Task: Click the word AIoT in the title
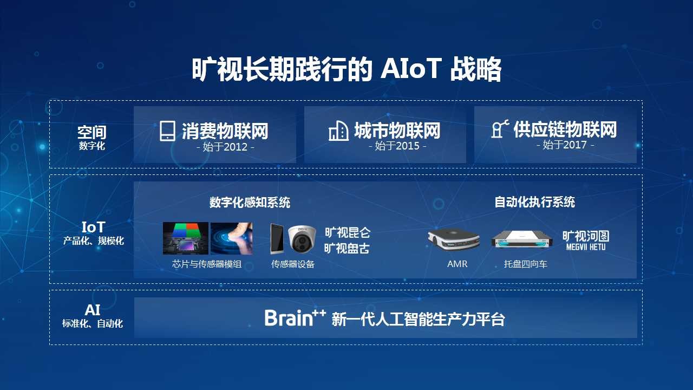pos(410,69)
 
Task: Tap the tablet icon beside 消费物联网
pos(167,131)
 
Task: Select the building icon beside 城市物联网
pos(338,131)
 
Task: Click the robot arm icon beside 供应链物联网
pos(500,129)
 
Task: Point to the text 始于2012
pos(225,147)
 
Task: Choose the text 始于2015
pos(397,146)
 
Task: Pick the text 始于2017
pos(565,145)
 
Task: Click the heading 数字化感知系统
pos(250,203)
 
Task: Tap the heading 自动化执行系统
pos(534,202)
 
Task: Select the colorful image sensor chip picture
pos(185,238)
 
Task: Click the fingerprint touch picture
pos(231,238)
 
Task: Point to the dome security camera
pos(302,239)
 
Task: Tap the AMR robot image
pos(454,239)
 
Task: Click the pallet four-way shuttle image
pos(522,239)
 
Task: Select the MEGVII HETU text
pos(586,247)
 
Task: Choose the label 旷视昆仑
pos(348,233)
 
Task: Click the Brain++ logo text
pos(295,317)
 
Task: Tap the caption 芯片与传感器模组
pos(207,264)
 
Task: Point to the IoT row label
pos(94,227)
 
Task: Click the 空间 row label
pos(92,133)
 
